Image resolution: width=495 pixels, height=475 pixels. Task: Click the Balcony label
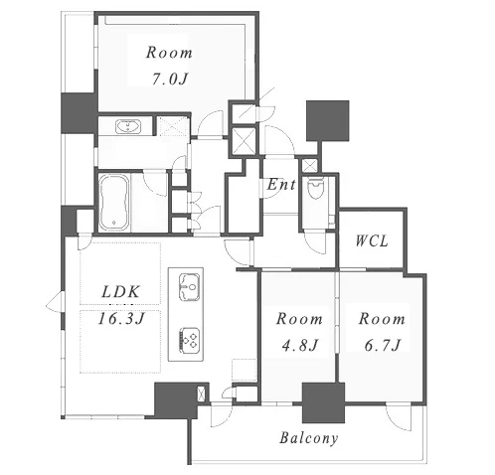[308, 438]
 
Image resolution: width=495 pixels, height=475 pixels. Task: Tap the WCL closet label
[372, 240]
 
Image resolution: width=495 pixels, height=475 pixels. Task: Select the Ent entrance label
[281, 185]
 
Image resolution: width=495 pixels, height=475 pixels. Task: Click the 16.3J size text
[121, 319]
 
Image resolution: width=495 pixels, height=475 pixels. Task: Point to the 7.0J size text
[170, 79]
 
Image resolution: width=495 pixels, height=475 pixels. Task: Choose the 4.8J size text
[300, 346]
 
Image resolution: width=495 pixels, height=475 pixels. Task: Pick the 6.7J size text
[383, 346]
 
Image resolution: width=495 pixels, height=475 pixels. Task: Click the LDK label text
[120, 292]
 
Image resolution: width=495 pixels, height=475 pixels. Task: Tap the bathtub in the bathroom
[114, 203]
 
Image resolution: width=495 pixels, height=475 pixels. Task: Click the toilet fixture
[315, 189]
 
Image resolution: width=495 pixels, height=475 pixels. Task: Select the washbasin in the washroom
[128, 127]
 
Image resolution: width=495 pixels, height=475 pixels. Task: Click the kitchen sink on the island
[189, 287]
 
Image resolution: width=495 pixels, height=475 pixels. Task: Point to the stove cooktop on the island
[189, 339]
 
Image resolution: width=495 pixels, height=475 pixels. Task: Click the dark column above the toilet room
[328, 121]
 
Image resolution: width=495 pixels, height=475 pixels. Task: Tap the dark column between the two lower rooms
[323, 402]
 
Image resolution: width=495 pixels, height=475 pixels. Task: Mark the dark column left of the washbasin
[80, 113]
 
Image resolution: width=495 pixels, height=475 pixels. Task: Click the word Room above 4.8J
[299, 319]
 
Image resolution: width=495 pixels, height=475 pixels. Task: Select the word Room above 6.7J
[382, 319]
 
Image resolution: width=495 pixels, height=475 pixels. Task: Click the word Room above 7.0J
[169, 53]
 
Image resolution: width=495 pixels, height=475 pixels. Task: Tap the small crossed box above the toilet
[310, 165]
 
